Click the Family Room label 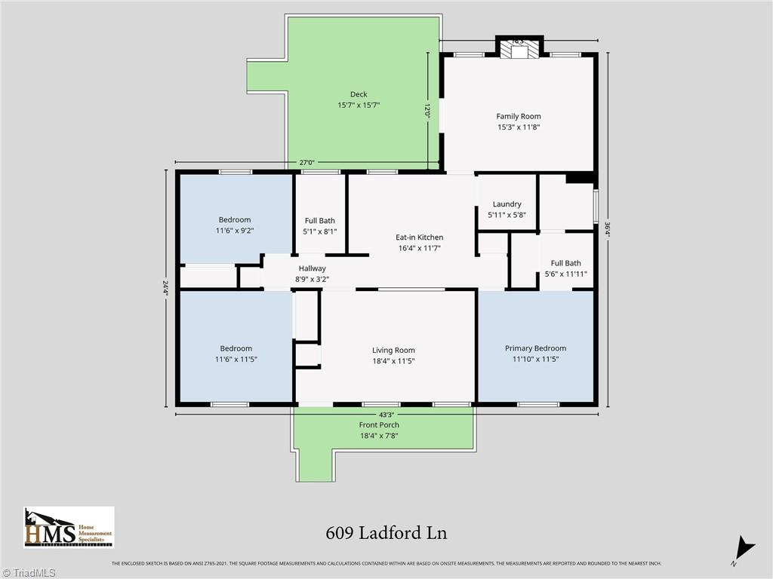tap(518, 116)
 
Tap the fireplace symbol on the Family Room tap(519, 51)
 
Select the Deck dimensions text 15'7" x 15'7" tap(358, 106)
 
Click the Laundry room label tap(507, 204)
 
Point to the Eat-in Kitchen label tap(419, 237)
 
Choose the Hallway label tap(312, 268)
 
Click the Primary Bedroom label tap(535, 348)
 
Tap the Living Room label tap(393, 350)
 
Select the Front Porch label tap(379, 425)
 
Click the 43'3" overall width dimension tap(386, 414)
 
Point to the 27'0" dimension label tap(307, 162)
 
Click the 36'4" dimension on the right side tap(607, 228)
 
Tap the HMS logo tap(69, 527)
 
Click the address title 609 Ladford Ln tap(386, 533)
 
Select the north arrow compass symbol tap(744, 548)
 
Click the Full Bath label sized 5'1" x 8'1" tap(320, 221)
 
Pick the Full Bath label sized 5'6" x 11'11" tap(565, 263)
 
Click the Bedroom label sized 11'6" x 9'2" tap(235, 220)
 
